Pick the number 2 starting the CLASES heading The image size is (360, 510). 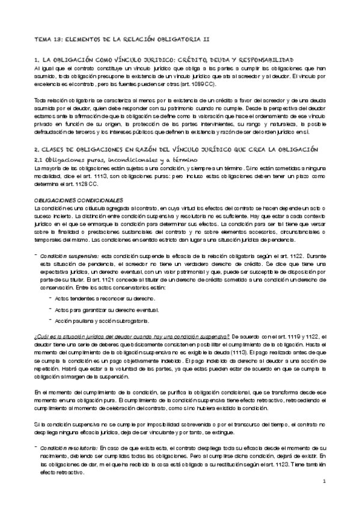(36, 148)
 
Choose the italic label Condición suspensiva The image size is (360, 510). (67, 239)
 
